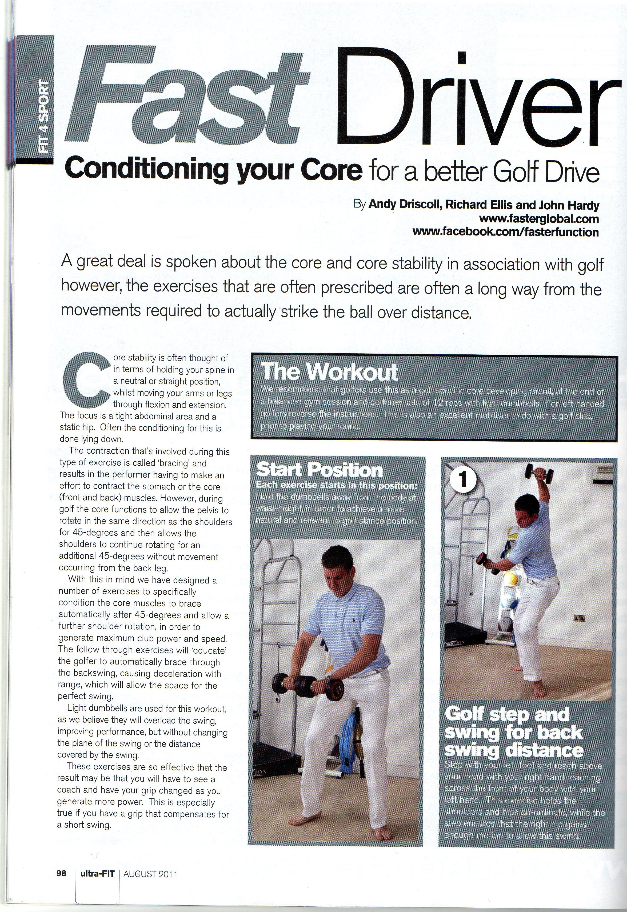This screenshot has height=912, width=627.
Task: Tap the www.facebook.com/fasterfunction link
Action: (x=506, y=232)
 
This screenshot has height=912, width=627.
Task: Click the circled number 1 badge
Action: (x=463, y=480)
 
